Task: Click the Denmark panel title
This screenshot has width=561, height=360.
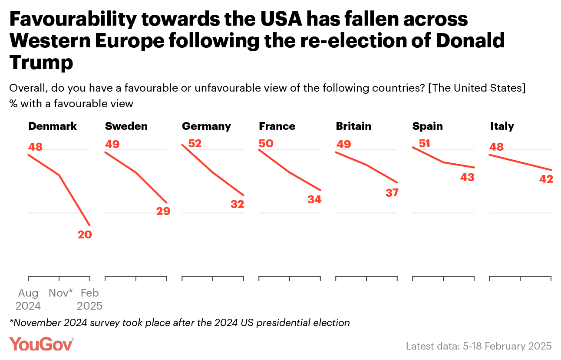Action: point(53,126)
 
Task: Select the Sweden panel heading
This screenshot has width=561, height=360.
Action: point(126,126)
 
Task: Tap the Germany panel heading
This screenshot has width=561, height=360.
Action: point(206,126)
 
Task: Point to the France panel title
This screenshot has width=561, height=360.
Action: point(277,126)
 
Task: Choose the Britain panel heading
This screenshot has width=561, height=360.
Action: point(353,126)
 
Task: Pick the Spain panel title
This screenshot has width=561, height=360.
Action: point(428,126)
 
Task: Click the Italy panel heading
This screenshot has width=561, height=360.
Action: point(502,126)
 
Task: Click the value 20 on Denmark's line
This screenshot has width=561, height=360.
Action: point(85,234)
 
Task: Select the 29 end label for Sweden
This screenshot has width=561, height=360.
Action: point(163,211)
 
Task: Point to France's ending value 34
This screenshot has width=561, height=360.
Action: point(314,199)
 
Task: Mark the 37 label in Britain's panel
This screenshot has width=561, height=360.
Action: point(392,193)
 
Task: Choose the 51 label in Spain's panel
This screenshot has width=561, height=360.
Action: point(424,143)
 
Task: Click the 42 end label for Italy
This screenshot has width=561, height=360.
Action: point(546,178)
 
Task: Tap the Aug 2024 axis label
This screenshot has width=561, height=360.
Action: point(28,300)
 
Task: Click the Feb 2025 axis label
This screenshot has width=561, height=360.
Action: point(90,300)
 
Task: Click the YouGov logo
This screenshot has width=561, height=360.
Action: point(42,344)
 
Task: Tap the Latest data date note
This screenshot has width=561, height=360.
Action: point(478,346)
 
